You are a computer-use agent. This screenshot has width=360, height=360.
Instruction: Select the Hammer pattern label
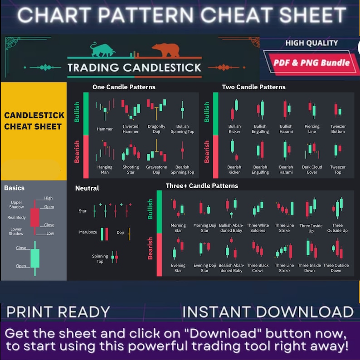click(105, 129)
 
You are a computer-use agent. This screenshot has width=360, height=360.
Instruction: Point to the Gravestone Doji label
click(156, 170)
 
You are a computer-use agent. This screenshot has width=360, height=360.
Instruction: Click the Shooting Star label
click(131, 170)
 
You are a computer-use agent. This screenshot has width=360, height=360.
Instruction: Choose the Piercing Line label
click(312, 129)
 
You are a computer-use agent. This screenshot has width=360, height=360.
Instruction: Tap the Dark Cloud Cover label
click(312, 170)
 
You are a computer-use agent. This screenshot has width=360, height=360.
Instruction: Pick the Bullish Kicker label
click(234, 129)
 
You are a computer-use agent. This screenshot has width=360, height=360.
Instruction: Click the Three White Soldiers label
click(258, 228)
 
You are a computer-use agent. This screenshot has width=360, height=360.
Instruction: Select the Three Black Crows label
click(258, 268)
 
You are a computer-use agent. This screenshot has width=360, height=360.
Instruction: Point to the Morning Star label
click(178, 228)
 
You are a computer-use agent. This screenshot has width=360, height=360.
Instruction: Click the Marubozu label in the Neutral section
click(88, 232)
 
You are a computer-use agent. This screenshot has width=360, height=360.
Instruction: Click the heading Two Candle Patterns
click(253, 87)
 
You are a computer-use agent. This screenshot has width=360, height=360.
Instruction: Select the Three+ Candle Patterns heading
click(202, 185)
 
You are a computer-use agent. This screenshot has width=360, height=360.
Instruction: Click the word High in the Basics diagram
click(49, 198)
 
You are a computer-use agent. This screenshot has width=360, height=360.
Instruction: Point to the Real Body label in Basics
click(16, 218)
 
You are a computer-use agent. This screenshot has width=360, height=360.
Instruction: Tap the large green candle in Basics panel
click(34, 258)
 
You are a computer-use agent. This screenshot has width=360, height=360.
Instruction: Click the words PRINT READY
click(58, 312)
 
